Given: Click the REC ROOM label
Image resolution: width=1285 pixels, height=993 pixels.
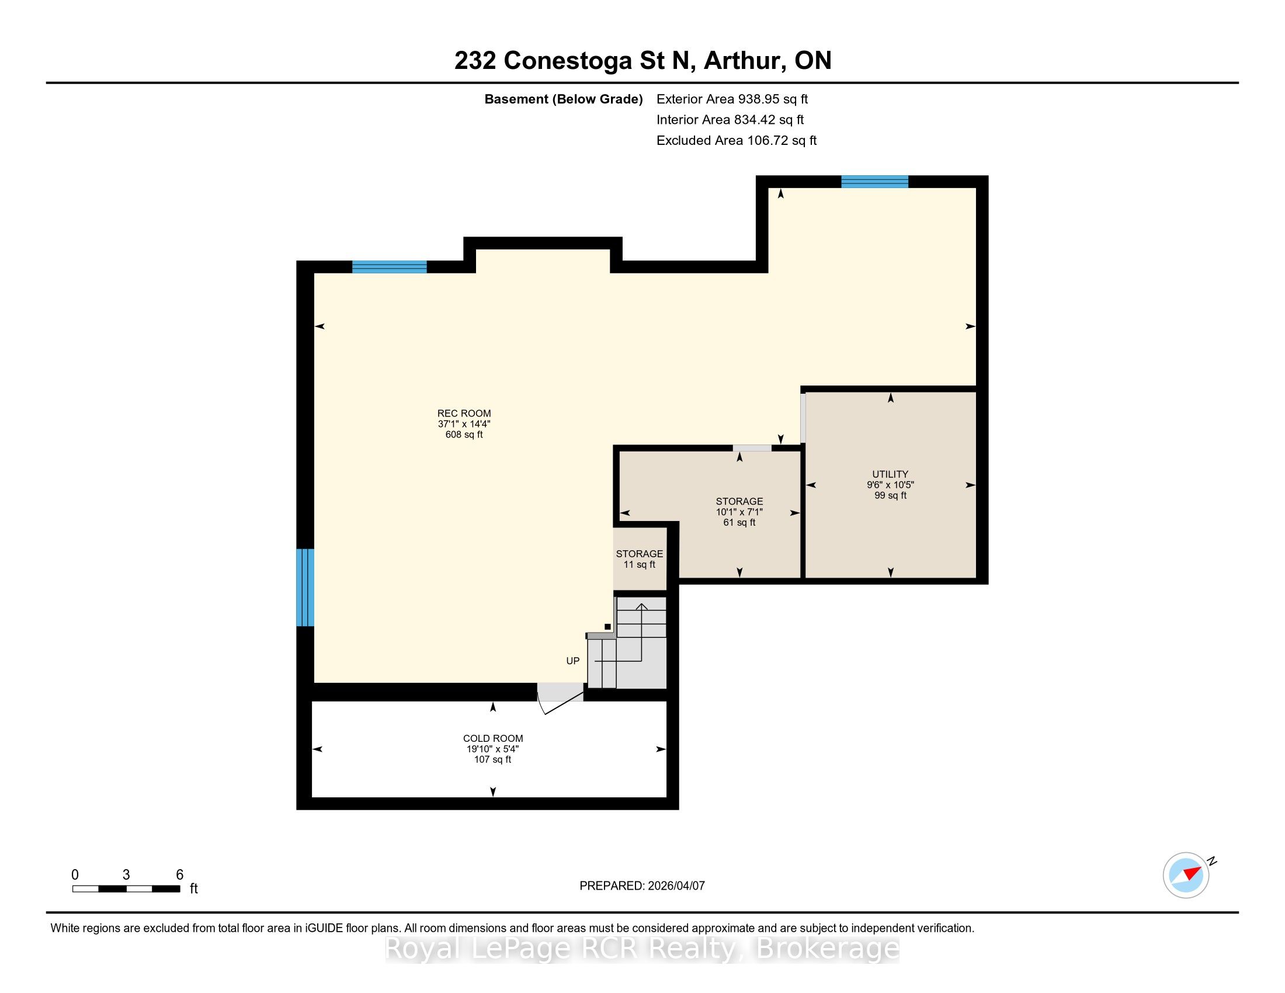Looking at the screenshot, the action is pyautogui.click(x=464, y=414).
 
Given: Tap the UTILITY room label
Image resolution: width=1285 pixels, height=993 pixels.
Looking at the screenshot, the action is pyautogui.click(x=890, y=474).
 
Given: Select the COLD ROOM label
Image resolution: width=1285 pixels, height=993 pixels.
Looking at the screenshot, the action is pyautogui.click(x=493, y=738).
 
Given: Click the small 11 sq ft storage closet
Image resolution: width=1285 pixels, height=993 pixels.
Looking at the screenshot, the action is pyautogui.click(x=640, y=559).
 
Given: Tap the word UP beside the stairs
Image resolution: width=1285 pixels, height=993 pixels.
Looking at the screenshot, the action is pyautogui.click(x=572, y=661).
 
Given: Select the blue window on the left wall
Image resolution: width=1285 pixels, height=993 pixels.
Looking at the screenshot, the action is pyautogui.click(x=305, y=587).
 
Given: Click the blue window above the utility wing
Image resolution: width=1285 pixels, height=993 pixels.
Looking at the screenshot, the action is pyautogui.click(x=874, y=182).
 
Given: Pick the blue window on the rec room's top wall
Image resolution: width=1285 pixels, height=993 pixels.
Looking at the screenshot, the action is pyautogui.click(x=390, y=267).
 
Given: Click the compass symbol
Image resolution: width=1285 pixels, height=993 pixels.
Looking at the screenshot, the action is pyautogui.click(x=1186, y=876).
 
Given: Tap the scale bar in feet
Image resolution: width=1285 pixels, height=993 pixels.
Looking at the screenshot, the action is pyautogui.click(x=126, y=889).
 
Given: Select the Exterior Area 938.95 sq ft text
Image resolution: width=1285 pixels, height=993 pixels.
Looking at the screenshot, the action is pyautogui.click(x=732, y=99).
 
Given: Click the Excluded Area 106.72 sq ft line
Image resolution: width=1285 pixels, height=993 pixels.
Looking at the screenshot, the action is pyautogui.click(x=737, y=141).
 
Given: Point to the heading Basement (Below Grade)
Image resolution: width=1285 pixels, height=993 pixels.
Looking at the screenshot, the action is pyautogui.click(x=563, y=99).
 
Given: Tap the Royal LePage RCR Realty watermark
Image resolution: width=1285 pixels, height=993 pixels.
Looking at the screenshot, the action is pyautogui.click(x=642, y=948).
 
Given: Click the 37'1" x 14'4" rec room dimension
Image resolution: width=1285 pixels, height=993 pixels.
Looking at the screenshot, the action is pyautogui.click(x=464, y=423).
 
